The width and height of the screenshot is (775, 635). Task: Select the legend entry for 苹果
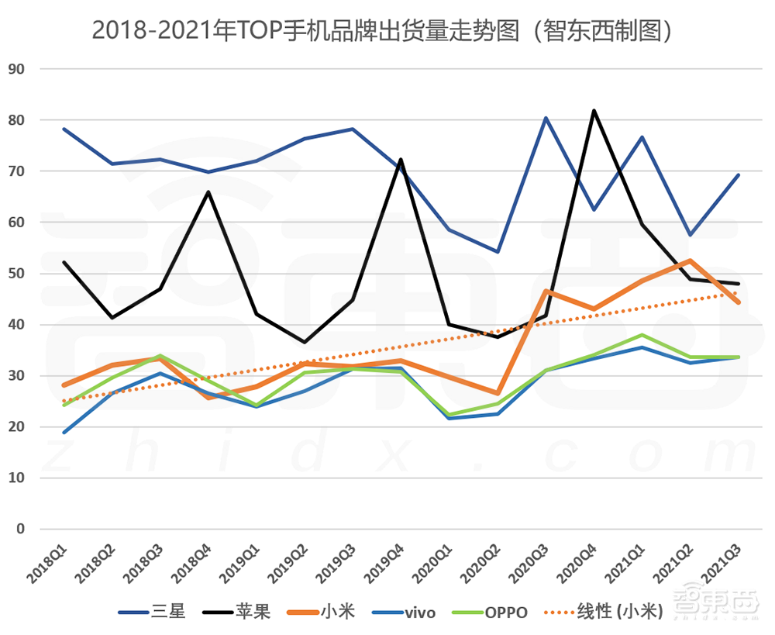pos(236,612)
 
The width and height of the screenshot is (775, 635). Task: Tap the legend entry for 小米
pos(321,612)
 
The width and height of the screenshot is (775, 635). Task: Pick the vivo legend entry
pos(403,612)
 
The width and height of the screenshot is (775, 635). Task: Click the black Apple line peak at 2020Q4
pos(594,111)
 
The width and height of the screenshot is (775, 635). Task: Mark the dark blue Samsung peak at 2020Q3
pos(546,118)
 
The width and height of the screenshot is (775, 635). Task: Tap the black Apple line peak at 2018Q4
pos(208,192)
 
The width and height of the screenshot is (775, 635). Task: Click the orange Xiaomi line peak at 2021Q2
pos(690,261)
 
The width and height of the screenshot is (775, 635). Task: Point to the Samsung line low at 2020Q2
pos(498,252)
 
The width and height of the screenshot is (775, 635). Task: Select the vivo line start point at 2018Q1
pos(64,433)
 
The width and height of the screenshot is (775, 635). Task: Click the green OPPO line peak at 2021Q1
pos(642,335)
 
